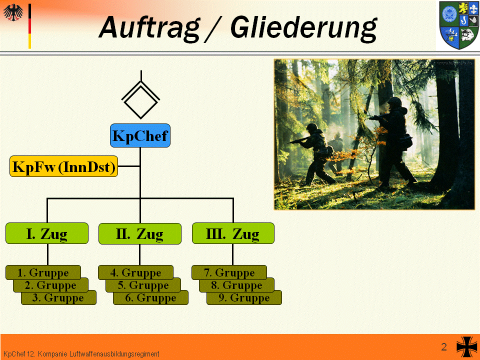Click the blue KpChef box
coord(140,135)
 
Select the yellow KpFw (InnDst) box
coord(63,166)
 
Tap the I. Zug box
coord(47,233)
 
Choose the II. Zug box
coord(140,234)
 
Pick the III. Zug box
coord(233,233)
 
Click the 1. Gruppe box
coord(43,272)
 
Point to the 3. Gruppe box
coord(59,298)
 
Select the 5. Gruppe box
coord(143,285)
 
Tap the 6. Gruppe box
coord(151,298)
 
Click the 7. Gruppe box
coord(229,272)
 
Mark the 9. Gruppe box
coord(244,298)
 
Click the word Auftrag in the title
coord(149,28)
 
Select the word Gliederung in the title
coord(303,28)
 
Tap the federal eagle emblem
coord(13,12)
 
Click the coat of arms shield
coord(459,25)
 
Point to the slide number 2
coord(444,347)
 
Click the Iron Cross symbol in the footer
coord(467,347)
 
